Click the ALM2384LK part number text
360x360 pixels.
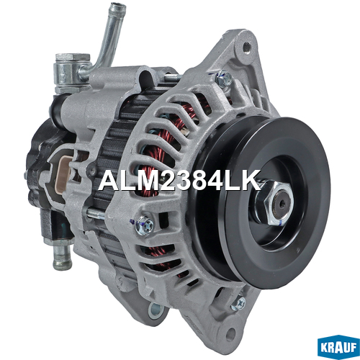(x=179, y=180)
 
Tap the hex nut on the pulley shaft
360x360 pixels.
(x=278, y=203)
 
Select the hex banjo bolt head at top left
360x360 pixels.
(x=73, y=58)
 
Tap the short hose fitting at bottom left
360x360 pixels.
(x=63, y=257)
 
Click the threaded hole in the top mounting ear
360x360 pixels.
(x=246, y=46)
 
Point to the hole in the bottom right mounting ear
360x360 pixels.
(x=230, y=333)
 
